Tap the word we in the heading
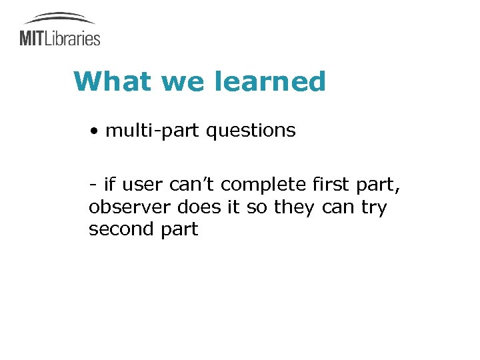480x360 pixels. (180, 82)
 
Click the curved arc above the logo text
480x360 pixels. (59, 17)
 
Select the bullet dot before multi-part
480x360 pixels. (96, 131)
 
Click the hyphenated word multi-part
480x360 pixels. (153, 131)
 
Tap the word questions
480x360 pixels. (251, 131)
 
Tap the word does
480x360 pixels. (194, 207)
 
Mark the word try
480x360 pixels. (373, 207)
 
